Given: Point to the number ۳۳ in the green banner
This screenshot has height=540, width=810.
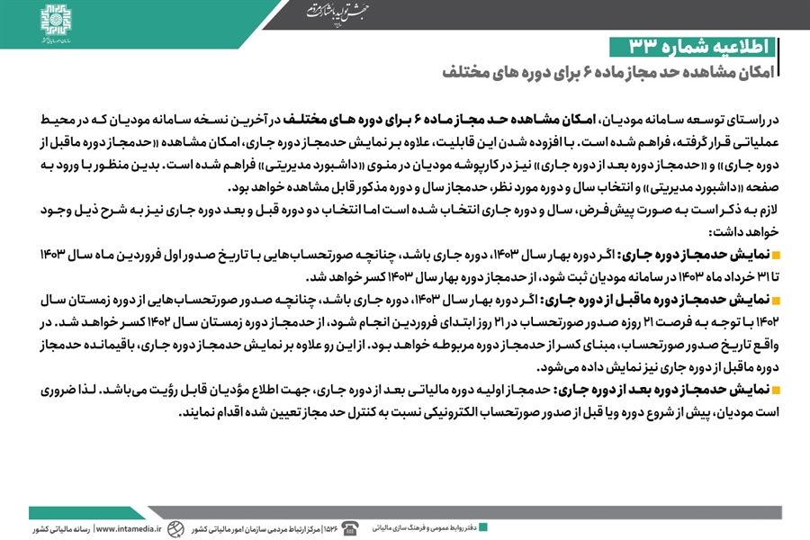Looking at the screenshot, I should tap(631, 47).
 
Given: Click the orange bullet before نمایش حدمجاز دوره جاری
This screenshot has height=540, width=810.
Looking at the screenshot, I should tap(776, 256).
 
